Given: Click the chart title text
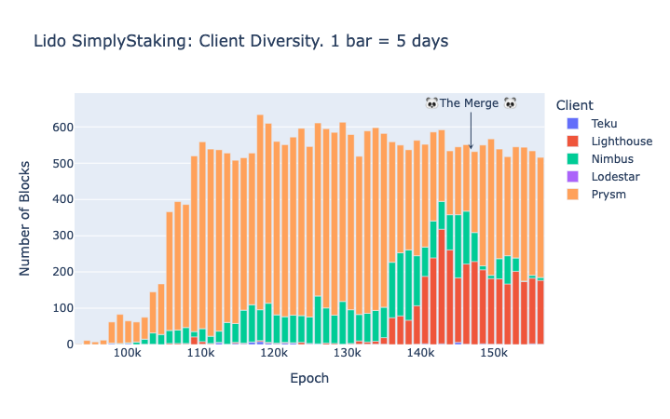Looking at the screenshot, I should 240,41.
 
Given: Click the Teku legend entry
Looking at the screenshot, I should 604,123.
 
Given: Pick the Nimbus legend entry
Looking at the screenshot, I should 611,158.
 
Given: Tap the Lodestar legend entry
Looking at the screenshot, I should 615,176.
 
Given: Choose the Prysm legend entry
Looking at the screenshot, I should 608,194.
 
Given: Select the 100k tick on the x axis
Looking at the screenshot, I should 128,356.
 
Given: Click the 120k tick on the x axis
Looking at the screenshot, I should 274,356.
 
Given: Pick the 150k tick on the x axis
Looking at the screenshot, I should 493,356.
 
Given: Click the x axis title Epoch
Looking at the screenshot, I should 309,379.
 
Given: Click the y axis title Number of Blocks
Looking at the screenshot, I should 27,219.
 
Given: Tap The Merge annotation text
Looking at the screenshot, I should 470,103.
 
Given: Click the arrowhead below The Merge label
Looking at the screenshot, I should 471,147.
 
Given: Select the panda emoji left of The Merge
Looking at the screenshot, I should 431,103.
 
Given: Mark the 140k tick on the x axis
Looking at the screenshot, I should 420,356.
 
